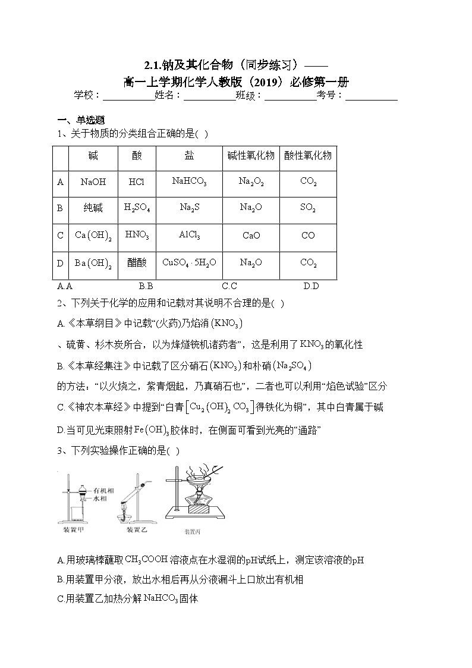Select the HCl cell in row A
(136, 182)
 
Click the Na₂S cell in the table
(189, 208)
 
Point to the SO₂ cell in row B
(308, 208)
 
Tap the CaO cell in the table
(251, 236)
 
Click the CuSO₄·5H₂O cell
(189, 262)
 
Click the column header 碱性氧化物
(251, 156)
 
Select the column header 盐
(189, 155)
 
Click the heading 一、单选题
(81, 120)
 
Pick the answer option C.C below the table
(229, 286)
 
